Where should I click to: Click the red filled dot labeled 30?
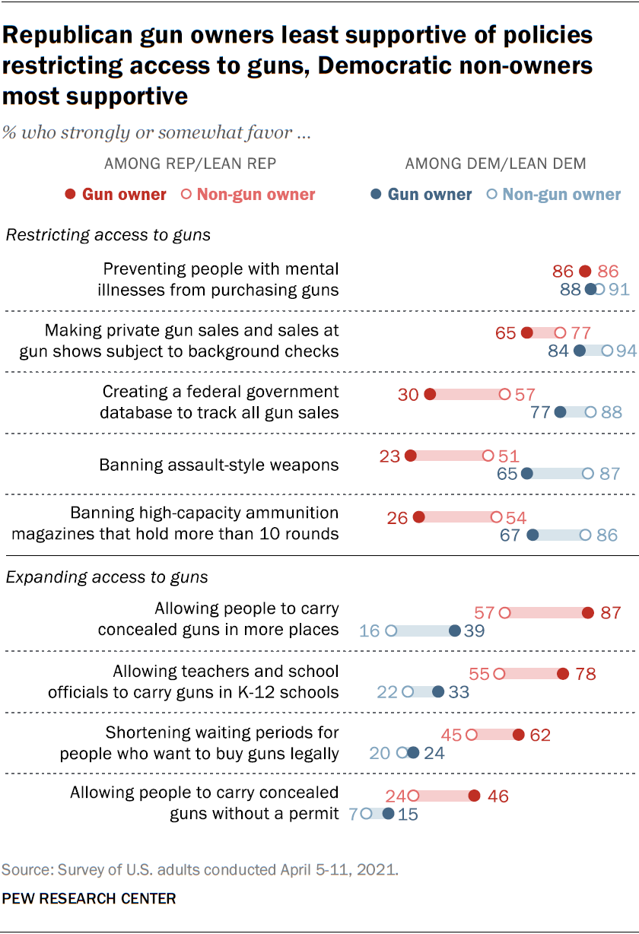[429, 394]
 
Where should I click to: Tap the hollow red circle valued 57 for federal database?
[504, 394]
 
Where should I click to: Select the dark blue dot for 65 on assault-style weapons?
[526, 473]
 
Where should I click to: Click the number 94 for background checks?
[625, 351]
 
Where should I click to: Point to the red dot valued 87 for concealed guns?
[587, 612]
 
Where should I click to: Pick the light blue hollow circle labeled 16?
[391, 631]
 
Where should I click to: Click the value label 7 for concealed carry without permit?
[354, 814]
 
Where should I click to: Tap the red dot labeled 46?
[474, 796]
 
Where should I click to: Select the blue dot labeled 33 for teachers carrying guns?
[438, 691]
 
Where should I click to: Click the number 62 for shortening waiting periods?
[540, 735]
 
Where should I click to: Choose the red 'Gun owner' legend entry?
[116, 195]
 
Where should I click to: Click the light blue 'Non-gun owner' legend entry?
[554, 195]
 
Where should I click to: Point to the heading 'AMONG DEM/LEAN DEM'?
[495, 164]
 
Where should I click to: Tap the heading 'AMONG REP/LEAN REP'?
[190, 164]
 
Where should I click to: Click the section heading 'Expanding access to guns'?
[107, 577]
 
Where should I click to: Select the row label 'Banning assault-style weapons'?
[219, 465]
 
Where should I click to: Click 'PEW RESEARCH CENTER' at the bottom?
[89, 898]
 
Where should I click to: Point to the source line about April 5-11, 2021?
[200, 869]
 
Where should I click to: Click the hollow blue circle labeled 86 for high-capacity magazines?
[584, 535]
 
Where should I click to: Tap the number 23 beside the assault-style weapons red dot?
[389, 456]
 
